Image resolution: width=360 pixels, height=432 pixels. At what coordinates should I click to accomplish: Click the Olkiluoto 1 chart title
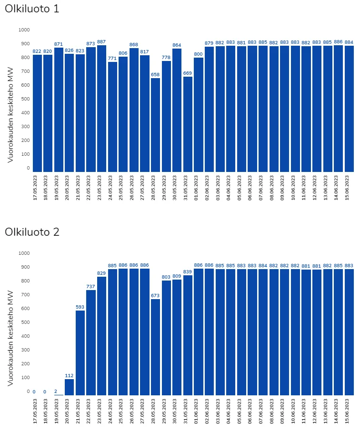[32, 9]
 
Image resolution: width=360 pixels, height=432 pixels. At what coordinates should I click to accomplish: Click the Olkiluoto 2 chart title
[32, 232]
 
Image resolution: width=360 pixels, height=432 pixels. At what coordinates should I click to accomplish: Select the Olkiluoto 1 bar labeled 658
[156, 125]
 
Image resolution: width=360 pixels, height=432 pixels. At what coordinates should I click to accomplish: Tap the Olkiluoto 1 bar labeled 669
[188, 124]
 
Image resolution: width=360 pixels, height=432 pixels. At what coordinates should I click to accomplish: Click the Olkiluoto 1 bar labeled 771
[112, 117]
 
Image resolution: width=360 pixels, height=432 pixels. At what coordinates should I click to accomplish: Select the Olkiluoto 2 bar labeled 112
[70, 387]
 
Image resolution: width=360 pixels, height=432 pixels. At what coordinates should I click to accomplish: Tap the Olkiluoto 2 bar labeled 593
[80, 353]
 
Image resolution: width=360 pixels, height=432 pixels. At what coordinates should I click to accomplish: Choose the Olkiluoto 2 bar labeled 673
[156, 347]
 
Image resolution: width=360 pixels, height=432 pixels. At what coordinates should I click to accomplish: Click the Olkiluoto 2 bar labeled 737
[91, 342]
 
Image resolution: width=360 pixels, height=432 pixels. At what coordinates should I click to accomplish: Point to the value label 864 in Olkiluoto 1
[177, 45]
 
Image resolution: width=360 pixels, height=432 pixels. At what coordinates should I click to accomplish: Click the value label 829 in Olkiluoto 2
[101, 273]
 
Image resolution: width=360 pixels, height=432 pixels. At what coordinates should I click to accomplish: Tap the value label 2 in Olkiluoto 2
[55, 391]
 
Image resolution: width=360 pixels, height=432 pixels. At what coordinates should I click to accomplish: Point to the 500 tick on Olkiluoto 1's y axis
[24, 99]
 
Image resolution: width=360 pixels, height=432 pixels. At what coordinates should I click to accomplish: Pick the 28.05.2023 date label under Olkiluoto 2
[156, 412]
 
